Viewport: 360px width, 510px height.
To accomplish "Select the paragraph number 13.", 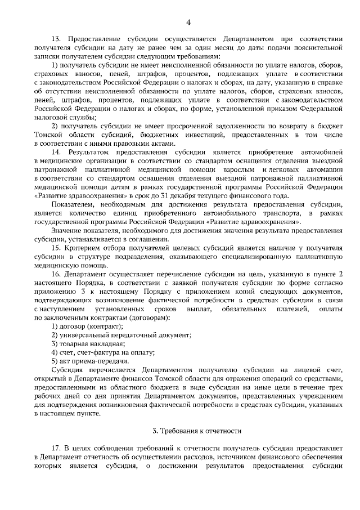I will [56, 39].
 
